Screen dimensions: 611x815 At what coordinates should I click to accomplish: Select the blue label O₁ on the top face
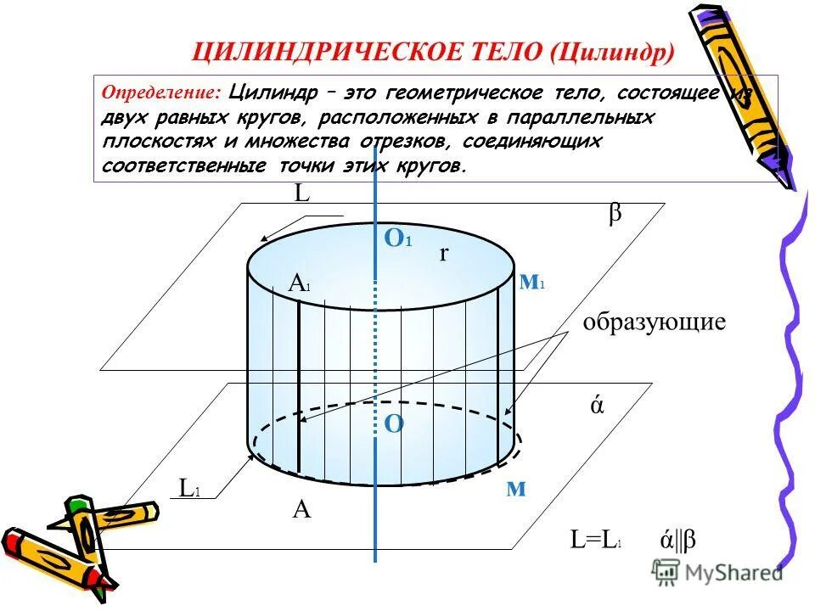[x=397, y=239]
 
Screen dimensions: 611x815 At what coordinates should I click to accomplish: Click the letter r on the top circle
[x=443, y=253]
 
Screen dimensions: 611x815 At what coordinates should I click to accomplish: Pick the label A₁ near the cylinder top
[x=299, y=284]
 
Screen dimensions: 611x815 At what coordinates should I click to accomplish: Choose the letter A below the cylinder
[x=301, y=509]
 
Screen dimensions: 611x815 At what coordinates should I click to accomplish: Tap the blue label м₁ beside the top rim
[x=531, y=283]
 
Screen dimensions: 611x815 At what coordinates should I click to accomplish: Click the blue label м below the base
[x=516, y=489]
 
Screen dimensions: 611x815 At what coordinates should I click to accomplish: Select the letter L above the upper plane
[x=301, y=193]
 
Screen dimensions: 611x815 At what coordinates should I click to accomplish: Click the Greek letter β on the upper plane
[x=614, y=214]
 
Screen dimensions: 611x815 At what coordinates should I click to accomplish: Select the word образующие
[x=654, y=322]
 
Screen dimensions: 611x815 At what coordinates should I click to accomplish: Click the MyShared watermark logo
[x=717, y=573]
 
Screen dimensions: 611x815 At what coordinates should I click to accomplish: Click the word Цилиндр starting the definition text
[x=274, y=92]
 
